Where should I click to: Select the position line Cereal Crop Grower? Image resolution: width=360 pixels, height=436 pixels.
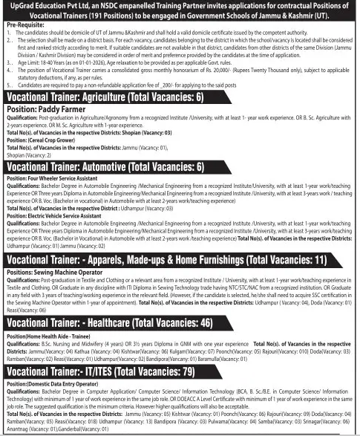[43, 138]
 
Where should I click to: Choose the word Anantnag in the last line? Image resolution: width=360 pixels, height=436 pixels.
[16, 430]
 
